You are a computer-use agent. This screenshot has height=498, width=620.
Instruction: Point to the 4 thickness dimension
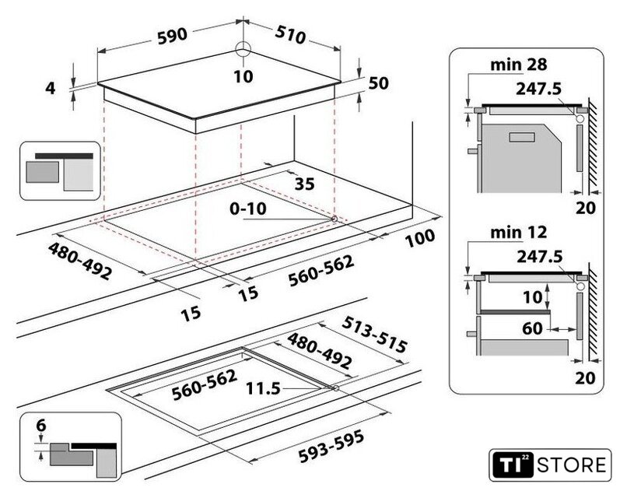(x=51, y=88)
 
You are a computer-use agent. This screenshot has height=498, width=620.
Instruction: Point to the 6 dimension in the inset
(x=40, y=425)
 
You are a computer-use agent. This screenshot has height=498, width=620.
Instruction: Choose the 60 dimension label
(x=532, y=329)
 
